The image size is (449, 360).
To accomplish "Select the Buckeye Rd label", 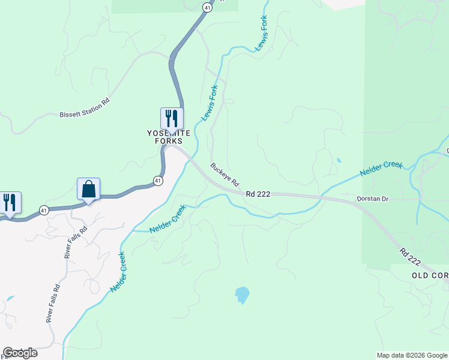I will point(224,173).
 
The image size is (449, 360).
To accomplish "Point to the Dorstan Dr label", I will point(373,197).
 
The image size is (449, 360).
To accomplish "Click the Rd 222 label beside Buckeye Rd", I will point(258,194).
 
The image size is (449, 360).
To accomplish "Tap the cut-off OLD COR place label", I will point(430,275).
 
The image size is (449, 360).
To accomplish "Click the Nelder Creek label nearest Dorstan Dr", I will point(381,168).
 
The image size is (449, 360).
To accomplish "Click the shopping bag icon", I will point(88,189).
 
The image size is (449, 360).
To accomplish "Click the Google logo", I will point(20,353).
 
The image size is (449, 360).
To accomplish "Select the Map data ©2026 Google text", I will point(411,355).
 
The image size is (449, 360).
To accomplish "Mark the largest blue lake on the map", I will point(242,295).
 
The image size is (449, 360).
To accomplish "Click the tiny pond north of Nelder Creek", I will point(339,160).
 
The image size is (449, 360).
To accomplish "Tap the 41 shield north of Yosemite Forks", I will point(206,7).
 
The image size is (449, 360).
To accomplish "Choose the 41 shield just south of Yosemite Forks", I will point(157,180).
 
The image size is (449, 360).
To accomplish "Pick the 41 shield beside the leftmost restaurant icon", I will point(44,209).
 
